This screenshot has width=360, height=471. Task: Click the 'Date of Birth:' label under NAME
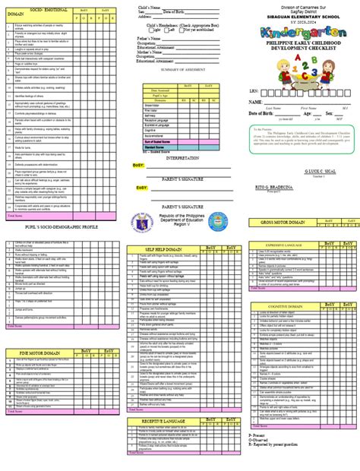click(257, 134)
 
